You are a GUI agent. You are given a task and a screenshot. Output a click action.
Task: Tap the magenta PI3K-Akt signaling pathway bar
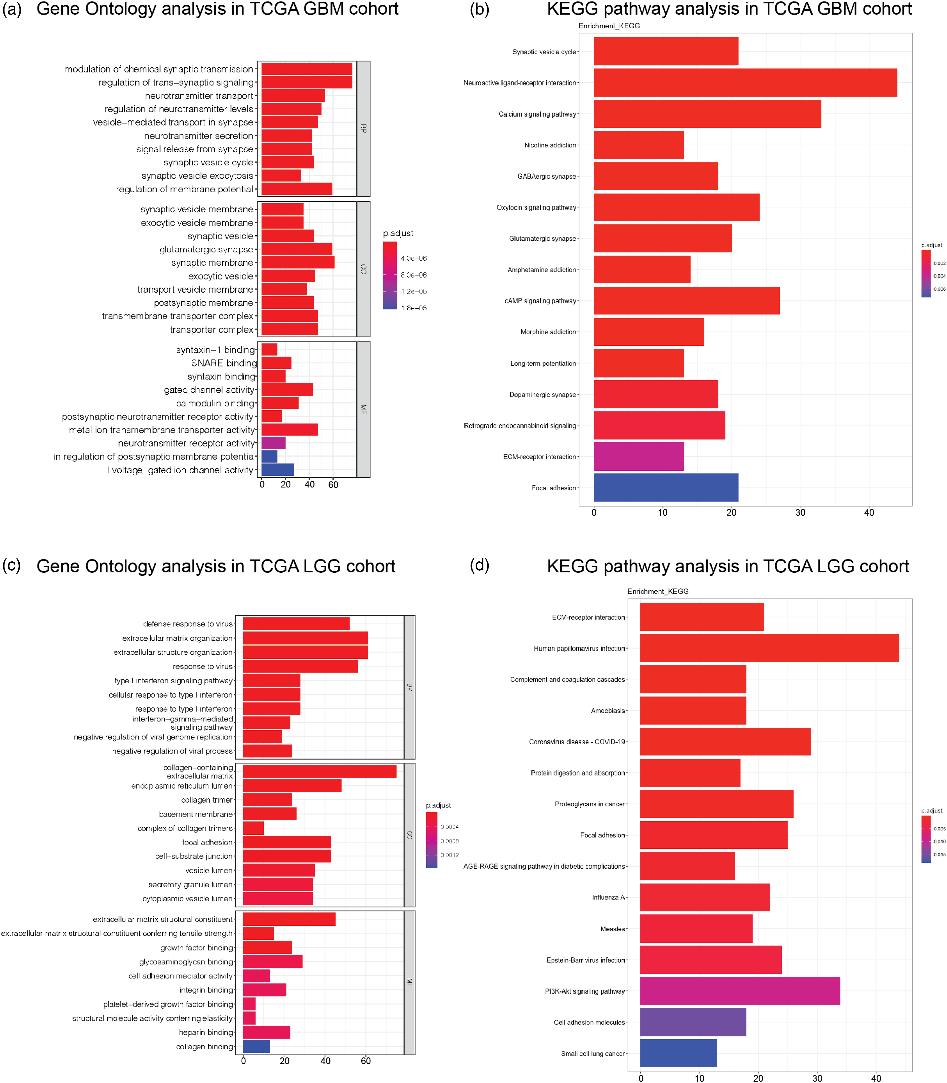point(740,991)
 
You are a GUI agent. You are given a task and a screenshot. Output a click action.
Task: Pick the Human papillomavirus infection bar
point(769,648)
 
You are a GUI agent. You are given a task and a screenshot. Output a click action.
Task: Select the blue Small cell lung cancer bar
point(678,1053)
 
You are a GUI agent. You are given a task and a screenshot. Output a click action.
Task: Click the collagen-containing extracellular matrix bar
point(320,771)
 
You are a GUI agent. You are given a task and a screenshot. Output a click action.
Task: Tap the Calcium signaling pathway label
point(537,114)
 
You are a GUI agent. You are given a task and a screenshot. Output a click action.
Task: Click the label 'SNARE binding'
point(224,363)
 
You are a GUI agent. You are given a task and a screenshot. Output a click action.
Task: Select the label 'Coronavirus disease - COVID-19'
point(577,742)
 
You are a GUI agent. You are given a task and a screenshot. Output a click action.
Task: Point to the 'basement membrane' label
point(196,814)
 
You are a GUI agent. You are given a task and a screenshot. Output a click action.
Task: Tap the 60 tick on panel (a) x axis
point(333,484)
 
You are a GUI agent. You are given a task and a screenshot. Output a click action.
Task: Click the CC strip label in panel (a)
point(363,269)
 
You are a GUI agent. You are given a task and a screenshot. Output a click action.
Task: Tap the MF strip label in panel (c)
point(409,983)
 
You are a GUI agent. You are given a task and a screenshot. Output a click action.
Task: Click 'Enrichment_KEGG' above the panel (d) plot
point(658,591)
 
